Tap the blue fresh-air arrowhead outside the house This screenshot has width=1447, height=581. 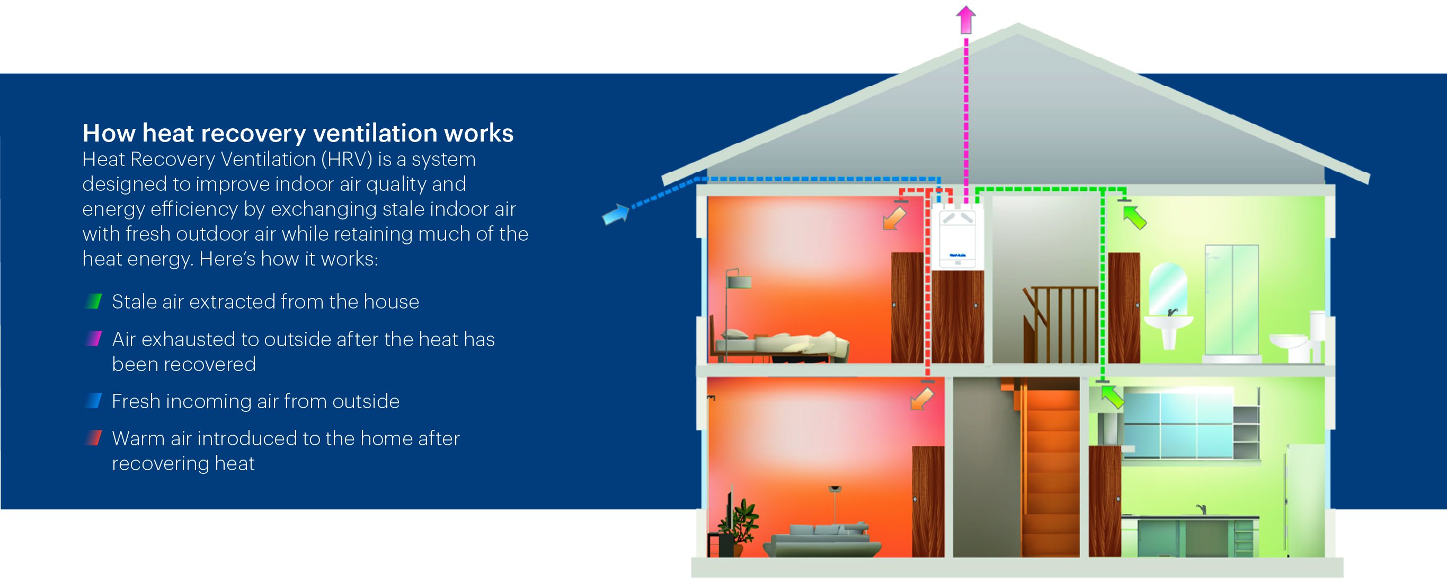coord(616,214)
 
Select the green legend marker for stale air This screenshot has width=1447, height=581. coord(93,302)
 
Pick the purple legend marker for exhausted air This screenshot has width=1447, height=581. coord(93,339)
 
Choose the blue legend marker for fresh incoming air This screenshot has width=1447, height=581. coord(93,401)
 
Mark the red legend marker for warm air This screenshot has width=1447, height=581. coord(93,438)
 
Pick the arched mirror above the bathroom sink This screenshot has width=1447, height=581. coord(1168,289)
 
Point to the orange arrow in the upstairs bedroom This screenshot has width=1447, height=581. coord(894,218)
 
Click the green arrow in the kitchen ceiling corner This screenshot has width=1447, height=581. coord(1112,397)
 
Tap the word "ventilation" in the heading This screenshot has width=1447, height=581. coord(375,134)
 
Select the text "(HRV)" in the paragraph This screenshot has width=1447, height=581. coord(347,160)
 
